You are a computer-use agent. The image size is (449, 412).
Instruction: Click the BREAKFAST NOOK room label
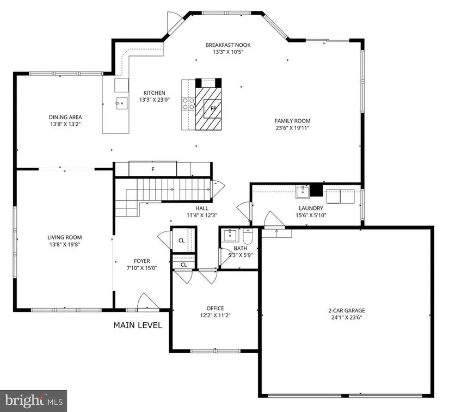pyautogui.click(x=228, y=45)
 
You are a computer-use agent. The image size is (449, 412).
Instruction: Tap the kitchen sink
pyautogui.click(x=122, y=103)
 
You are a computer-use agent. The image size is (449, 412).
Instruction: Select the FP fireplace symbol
pyautogui.click(x=212, y=108)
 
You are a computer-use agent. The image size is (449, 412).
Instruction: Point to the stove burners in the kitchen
pyautogui.click(x=188, y=103)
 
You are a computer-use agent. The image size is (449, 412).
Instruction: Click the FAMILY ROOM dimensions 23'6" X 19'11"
pyautogui.click(x=293, y=128)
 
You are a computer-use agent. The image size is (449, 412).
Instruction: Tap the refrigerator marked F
pyautogui.click(x=152, y=169)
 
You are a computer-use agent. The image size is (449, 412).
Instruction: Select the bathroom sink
pyautogui.click(x=231, y=235)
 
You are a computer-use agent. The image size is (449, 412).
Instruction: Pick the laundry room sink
pyautogui.click(x=303, y=192)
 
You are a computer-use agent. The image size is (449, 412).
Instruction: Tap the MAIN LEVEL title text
pyautogui.click(x=138, y=325)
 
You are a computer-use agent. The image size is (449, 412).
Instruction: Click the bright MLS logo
pyautogui.click(x=34, y=401)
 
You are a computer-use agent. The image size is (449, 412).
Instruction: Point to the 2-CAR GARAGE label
pyautogui.click(x=347, y=310)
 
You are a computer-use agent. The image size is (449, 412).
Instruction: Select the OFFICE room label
pyautogui.click(x=216, y=309)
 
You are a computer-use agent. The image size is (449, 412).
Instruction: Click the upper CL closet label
pyautogui.click(x=181, y=241)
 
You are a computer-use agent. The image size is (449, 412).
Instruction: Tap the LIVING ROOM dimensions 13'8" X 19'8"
pyautogui.click(x=65, y=244)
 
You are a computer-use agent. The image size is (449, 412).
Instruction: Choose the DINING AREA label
pyautogui.click(x=65, y=117)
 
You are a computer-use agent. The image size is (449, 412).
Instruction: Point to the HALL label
pyautogui.click(x=202, y=208)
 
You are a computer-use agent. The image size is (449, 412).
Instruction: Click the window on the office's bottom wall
pyautogui.click(x=216, y=351)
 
